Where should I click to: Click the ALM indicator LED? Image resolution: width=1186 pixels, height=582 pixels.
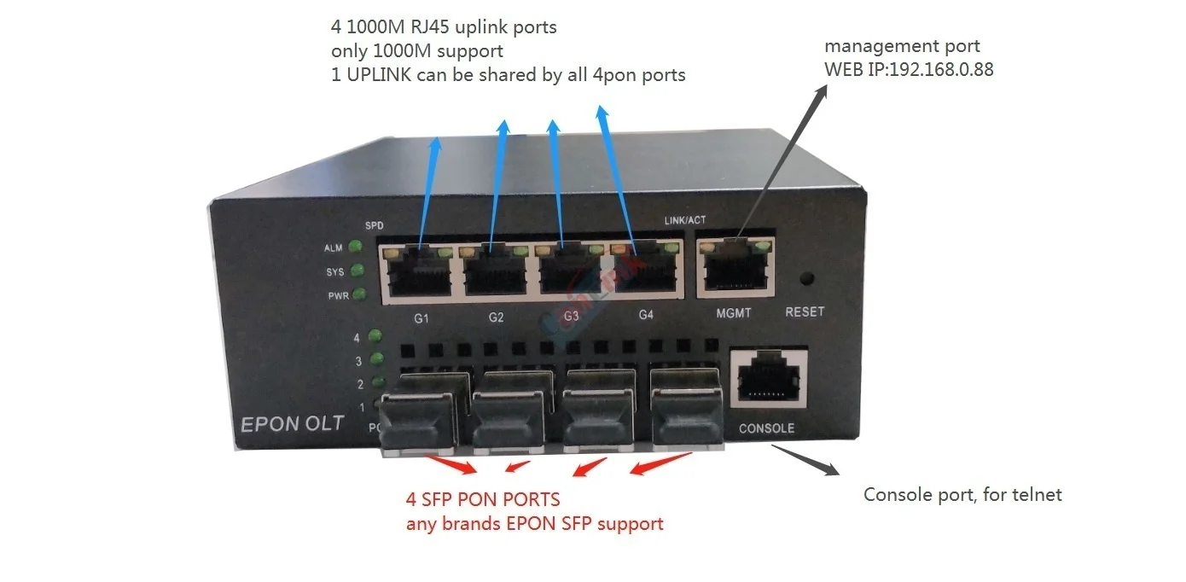pos(355,247)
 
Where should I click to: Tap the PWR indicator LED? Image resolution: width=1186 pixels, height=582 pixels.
pos(359,295)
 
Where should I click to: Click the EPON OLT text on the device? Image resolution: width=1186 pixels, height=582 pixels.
pos(292,424)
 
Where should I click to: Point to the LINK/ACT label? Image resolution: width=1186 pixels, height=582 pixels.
pos(685,221)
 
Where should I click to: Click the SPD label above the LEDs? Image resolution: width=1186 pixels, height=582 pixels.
pos(374,226)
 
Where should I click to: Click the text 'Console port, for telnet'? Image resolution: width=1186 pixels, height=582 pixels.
pos(962,495)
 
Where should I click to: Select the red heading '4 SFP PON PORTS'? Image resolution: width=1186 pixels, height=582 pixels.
pos(483,499)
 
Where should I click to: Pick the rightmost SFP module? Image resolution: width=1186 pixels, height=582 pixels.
pos(686,412)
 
